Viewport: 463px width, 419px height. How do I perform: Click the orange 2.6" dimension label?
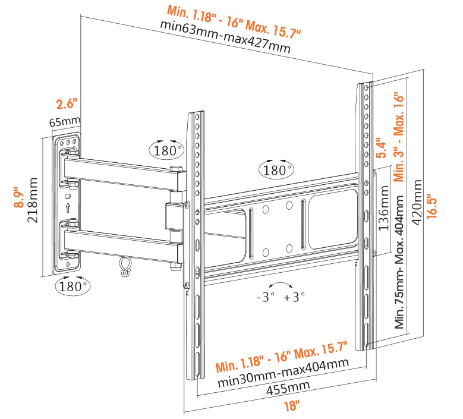[x=67, y=104]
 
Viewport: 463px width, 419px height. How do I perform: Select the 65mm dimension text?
[x=64, y=122]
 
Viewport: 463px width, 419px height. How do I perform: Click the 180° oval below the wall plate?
[x=73, y=286]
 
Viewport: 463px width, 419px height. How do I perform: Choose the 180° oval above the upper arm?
[x=166, y=150]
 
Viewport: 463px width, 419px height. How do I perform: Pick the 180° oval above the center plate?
[x=276, y=170]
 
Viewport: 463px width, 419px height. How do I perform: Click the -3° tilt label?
[x=264, y=298]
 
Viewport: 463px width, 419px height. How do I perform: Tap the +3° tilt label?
[x=294, y=298]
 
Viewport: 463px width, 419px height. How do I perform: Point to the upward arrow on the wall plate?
[x=68, y=207]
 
